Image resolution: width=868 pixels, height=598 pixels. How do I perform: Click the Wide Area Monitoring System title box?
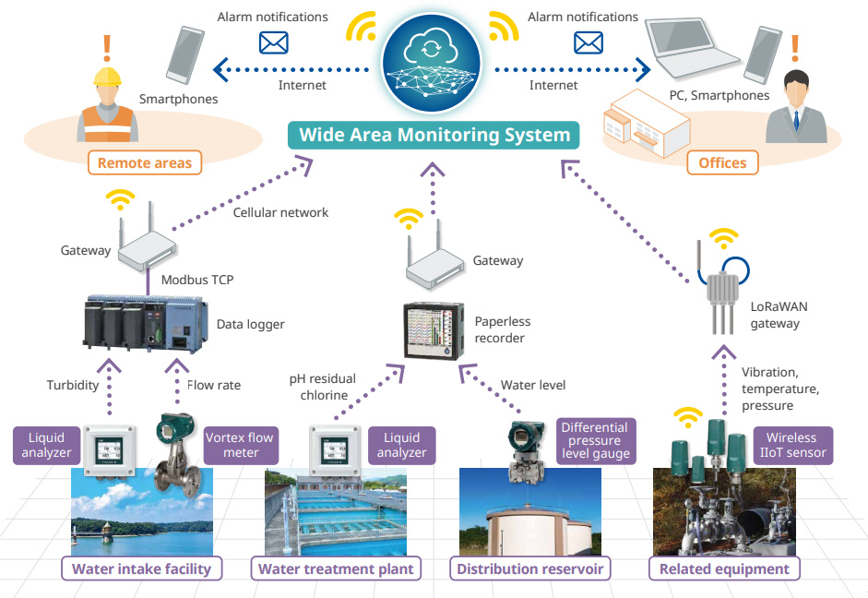coord(434,136)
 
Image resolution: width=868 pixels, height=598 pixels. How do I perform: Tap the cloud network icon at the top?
coord(434,54)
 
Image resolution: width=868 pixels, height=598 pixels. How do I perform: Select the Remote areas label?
coord(144,163)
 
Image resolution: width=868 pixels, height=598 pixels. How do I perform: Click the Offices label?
coord(722,162)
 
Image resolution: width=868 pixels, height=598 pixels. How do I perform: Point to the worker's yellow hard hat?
coord(107,76)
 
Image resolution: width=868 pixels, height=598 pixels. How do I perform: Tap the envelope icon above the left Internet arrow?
coord(274,42)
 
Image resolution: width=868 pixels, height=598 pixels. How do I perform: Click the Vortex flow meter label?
coord(240,445)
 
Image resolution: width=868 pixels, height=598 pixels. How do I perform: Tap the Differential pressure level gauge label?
coord(596,440)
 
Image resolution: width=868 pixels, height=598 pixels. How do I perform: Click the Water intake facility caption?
coord(142,568)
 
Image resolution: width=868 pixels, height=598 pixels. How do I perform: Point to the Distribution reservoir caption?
coord(530,568)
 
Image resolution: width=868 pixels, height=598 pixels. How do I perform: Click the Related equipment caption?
coord(724,568)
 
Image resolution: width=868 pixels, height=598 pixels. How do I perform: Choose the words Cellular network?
coord(280,212)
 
